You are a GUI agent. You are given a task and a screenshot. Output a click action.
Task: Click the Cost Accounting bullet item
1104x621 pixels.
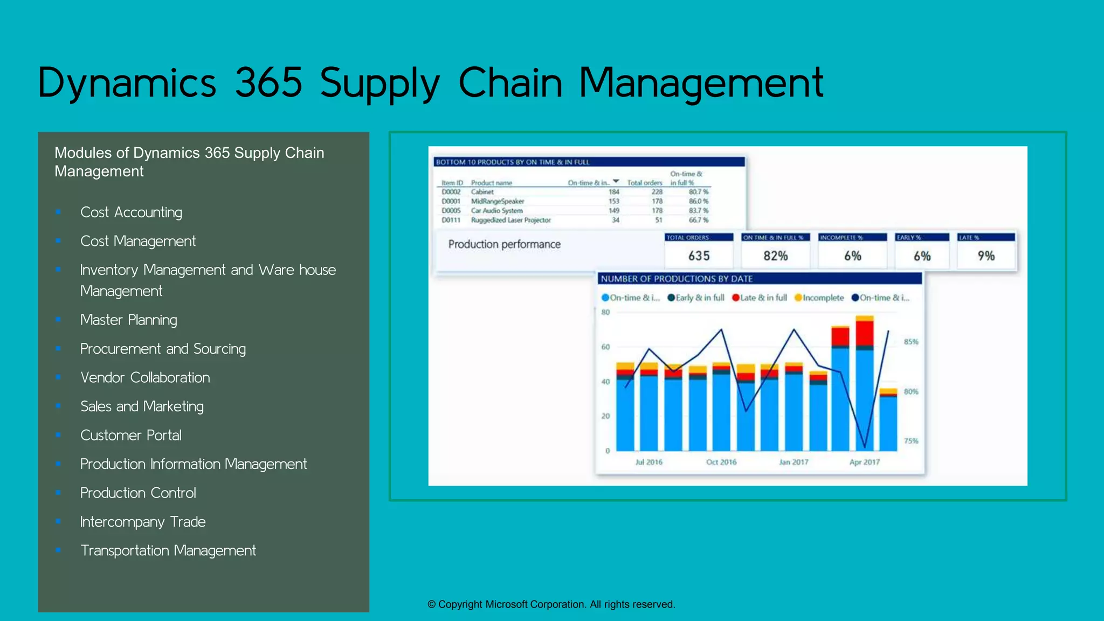click(x=131, y=212)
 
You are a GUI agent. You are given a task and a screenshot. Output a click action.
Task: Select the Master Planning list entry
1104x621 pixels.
click(x=128, y=320)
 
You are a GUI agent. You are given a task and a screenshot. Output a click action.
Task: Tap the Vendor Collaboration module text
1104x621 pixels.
click(x=145, y=377)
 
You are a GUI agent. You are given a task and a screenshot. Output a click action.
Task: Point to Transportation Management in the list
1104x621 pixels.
click(x=168, y=550)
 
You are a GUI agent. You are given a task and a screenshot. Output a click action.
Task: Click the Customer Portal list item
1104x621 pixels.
click(x=130, y=435)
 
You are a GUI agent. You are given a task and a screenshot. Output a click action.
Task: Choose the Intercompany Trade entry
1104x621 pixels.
click(x=143, y=522)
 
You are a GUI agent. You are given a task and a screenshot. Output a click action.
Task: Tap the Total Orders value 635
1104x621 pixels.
click(x=699, y=256)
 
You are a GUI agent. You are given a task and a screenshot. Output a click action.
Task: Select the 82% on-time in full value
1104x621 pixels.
click(x=775, y=256)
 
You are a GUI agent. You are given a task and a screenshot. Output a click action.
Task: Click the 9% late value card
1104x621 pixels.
click(x=986, y=256)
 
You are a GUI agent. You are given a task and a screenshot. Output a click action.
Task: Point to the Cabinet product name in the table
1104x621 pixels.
click(x=482, y=192)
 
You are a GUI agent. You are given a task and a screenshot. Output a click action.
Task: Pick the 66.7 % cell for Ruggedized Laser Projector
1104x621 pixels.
click(x=698, y=220)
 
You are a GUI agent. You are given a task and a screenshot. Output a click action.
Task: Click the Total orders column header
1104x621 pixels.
click(x=644, y=183)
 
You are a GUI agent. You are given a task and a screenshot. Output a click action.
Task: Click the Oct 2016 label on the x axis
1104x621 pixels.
click(x=721, y=462)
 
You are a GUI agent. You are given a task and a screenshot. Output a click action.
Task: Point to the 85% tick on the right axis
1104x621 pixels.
click(x=911, y=342)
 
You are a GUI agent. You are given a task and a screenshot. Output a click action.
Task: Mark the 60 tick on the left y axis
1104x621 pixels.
click(x=605, y=347)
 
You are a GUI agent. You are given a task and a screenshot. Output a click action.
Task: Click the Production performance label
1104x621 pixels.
click(x=504, y=244)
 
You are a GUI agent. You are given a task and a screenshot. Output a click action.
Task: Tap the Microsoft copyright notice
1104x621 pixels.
click(x=551, y=604)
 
